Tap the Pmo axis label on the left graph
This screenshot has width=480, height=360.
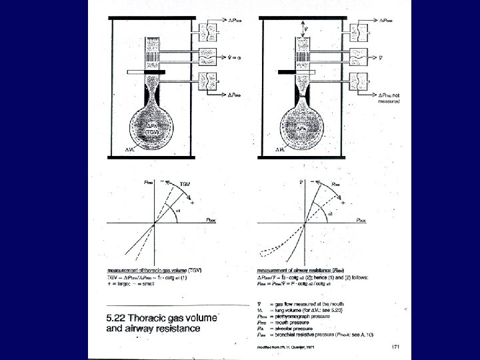pos(145,180)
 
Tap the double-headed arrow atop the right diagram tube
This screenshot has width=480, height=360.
pos(307,28)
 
